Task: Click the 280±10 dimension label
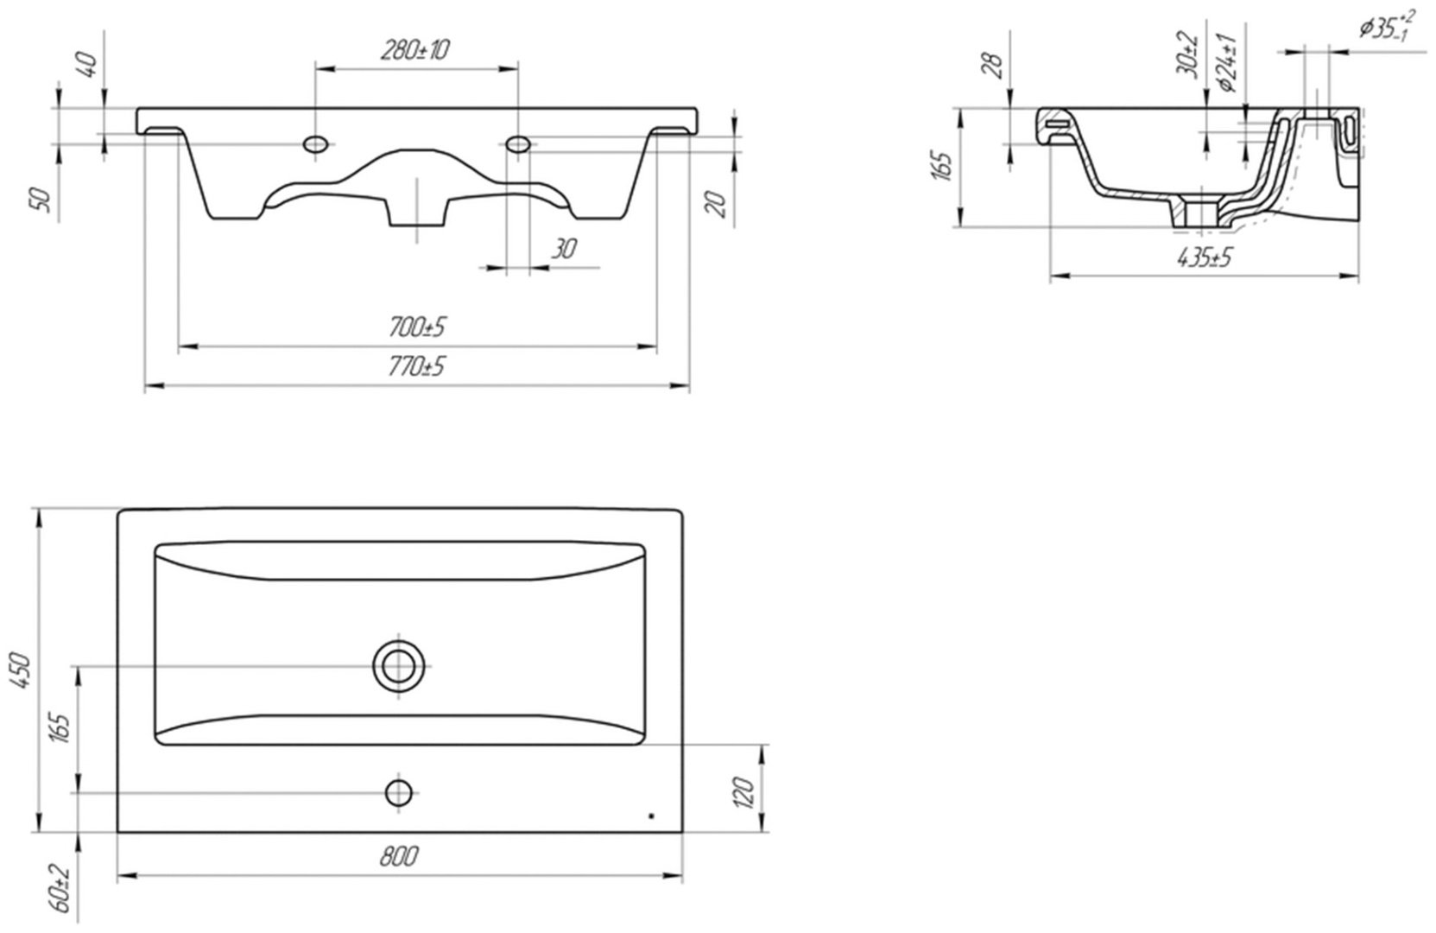pos(414,50)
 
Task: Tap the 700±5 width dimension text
pos(417,327)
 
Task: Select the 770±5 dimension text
pos(417,367)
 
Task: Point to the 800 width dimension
pos(399,857)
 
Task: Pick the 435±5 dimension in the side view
pos(1205,257)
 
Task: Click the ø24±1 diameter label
pos(1227,63)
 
